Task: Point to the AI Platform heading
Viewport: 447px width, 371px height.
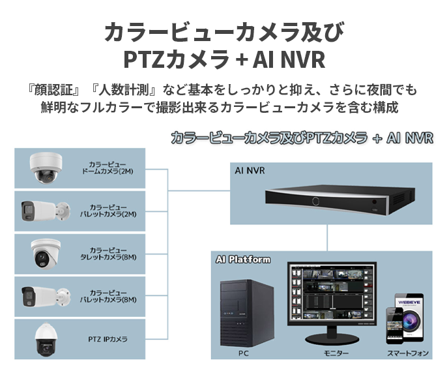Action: tap(242, 260)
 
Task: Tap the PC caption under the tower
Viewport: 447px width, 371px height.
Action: tap(244, 353)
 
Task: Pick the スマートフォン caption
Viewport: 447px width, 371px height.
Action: tap(408, 353)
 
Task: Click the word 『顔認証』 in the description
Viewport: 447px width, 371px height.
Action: tap(54, 89)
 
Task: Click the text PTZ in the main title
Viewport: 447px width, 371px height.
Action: tap(145, 59)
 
